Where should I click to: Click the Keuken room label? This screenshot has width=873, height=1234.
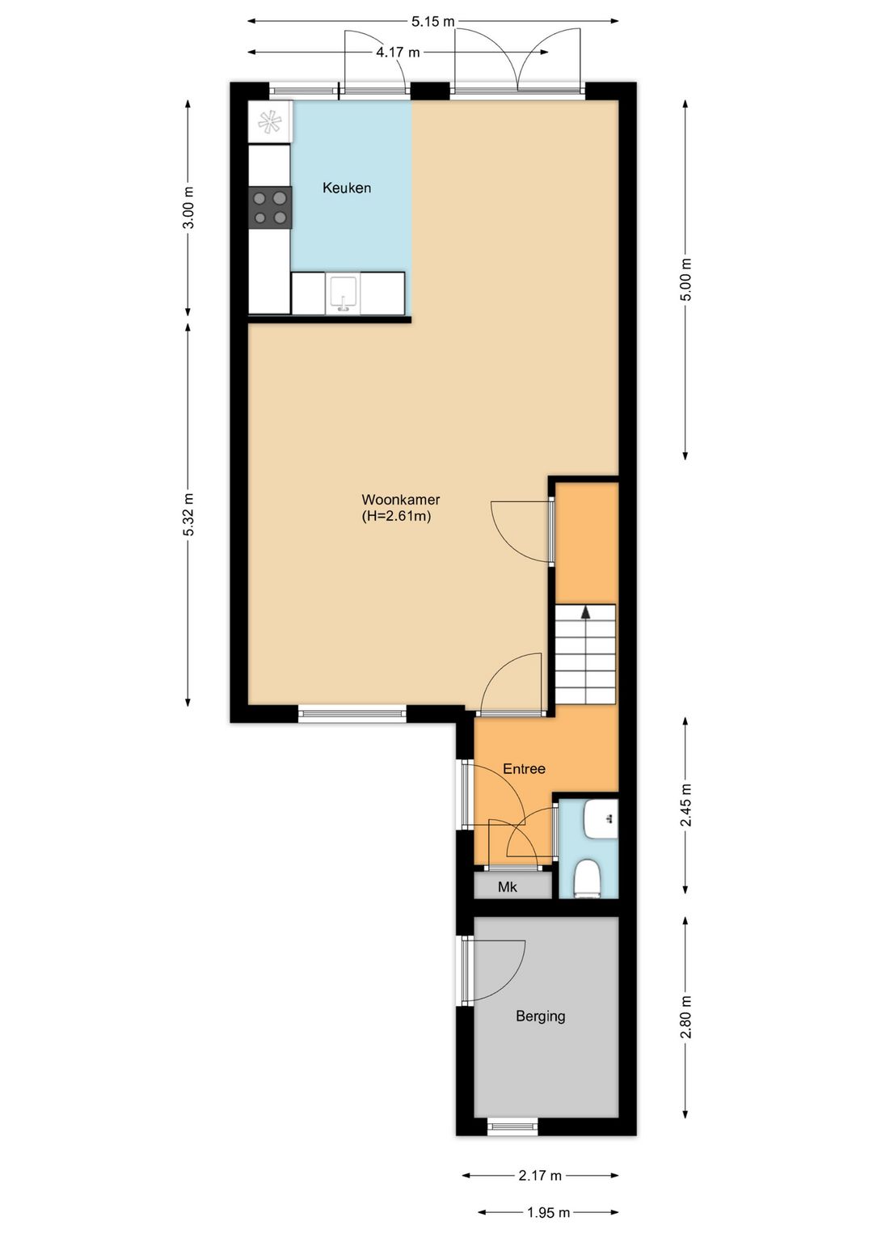347,188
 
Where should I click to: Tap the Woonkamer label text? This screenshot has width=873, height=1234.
400,500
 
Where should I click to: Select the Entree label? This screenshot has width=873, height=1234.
524,768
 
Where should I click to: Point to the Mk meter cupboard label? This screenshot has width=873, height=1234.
508,887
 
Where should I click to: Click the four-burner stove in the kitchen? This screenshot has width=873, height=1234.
270,207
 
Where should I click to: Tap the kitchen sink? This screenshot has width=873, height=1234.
342,294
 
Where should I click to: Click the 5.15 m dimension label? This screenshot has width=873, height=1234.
433,22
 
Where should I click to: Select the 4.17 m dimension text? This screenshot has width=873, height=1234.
398,53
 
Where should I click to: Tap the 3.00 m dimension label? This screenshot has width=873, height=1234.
188,208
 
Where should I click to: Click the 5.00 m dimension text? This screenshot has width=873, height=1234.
685,279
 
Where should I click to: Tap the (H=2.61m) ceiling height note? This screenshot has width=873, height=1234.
396,517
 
